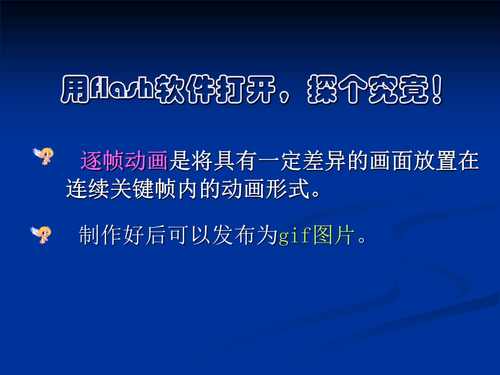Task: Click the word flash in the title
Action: (x=122, y=89)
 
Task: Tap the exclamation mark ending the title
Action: (x=437, y=89)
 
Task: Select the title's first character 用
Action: (x=75, y=89)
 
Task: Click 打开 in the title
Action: (x=245, y=89)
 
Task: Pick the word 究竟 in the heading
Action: (x=399, y=89)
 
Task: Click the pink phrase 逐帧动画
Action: (x=124, y=160)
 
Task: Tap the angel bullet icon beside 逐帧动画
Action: (x=44, y=156)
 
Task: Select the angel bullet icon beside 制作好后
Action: (x=41, y=234)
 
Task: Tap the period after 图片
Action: (x=362, y=240)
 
